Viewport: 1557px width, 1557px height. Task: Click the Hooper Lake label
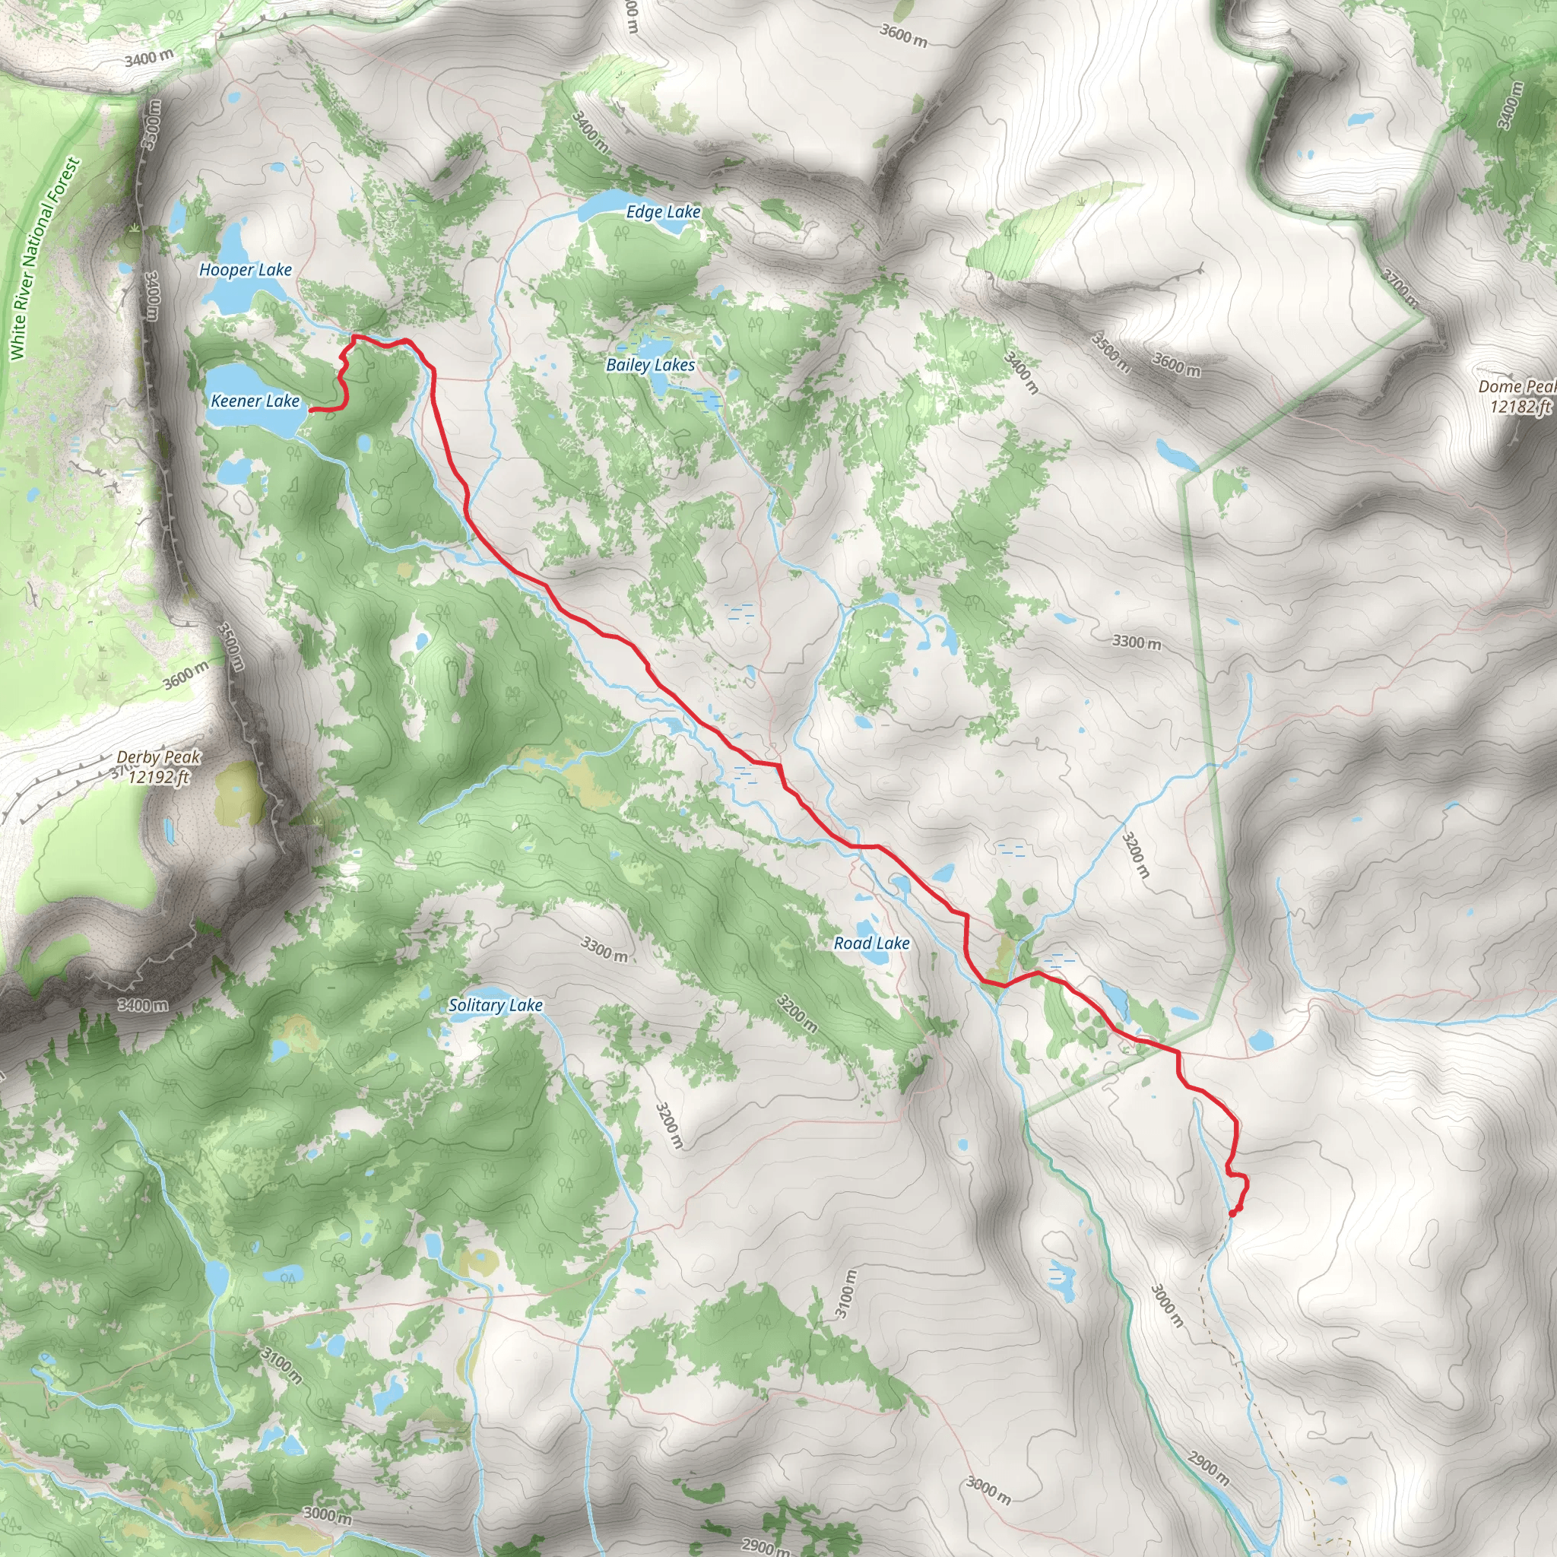pyautogui.click(x=245, y=270)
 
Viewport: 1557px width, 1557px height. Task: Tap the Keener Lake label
pyautogui.click(x=255, y=401)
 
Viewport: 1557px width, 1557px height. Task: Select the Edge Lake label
pyautogui.click(x=663, y=212)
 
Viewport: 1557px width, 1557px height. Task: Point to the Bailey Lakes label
pyautogui.click(x=650, y=365)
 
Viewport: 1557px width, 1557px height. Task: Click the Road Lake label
pyautogui.click(x=871, y=943)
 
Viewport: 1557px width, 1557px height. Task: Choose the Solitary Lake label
pyautogui.click(x=495, y=1005)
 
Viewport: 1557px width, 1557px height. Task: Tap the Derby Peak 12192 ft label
pyautogui.click(x=159, y=766)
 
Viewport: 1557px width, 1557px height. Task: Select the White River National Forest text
pyautogui.click(x=44, y=258)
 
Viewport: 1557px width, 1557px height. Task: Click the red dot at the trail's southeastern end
pyautogui.click(x=1235, y=1209)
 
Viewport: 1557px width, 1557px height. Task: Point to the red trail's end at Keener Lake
pyautogui.click(x=312, y=411)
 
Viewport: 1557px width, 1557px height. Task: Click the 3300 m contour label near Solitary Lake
pyautogui.click(x=604, y=949)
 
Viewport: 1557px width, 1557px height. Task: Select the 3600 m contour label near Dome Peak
pyautogui.click(x=1177, y=364)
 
